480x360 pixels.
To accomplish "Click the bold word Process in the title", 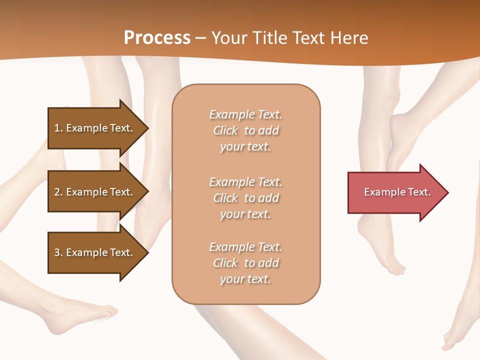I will point(157,38).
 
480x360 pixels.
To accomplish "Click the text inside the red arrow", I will point(397,192).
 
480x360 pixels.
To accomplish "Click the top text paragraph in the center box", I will point(246,130).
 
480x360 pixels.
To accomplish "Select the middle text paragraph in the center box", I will point(246,198).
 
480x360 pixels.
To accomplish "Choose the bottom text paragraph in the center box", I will point(246,263).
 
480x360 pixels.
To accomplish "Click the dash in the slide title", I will point(200,38).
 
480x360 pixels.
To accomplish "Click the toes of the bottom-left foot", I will point(107,313).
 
